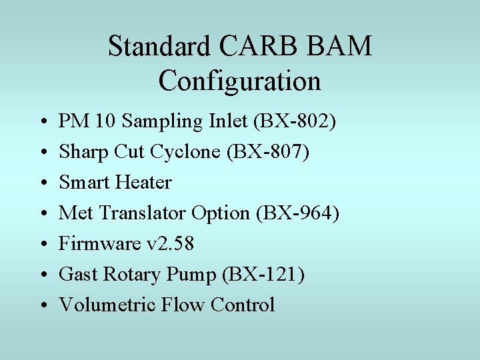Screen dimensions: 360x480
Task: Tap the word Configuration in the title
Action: tap(240, 81)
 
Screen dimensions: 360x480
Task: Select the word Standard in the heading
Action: tap(158, 47)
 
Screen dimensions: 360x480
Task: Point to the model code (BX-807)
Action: tap(269, 152)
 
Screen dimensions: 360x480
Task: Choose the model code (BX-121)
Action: tap(265, 274)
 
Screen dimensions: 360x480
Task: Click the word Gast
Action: tap(77, 274)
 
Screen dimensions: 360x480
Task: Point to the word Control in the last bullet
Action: tap(242, 305)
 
